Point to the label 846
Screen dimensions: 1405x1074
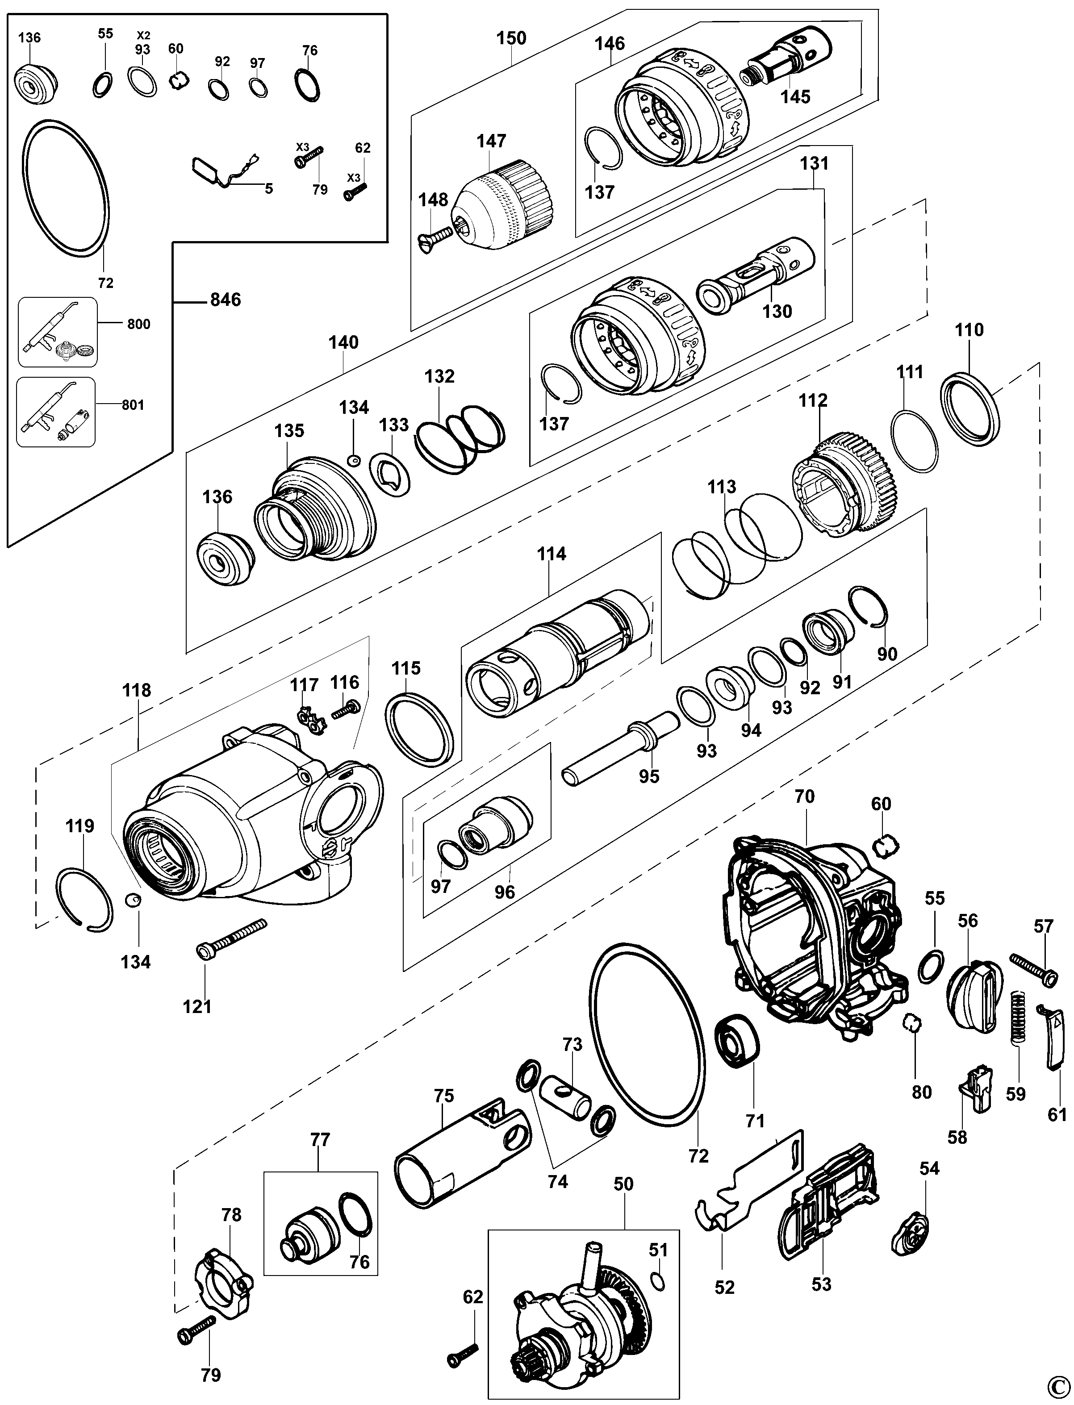tap(225, 299)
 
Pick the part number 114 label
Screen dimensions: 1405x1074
tap(551, 554)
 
